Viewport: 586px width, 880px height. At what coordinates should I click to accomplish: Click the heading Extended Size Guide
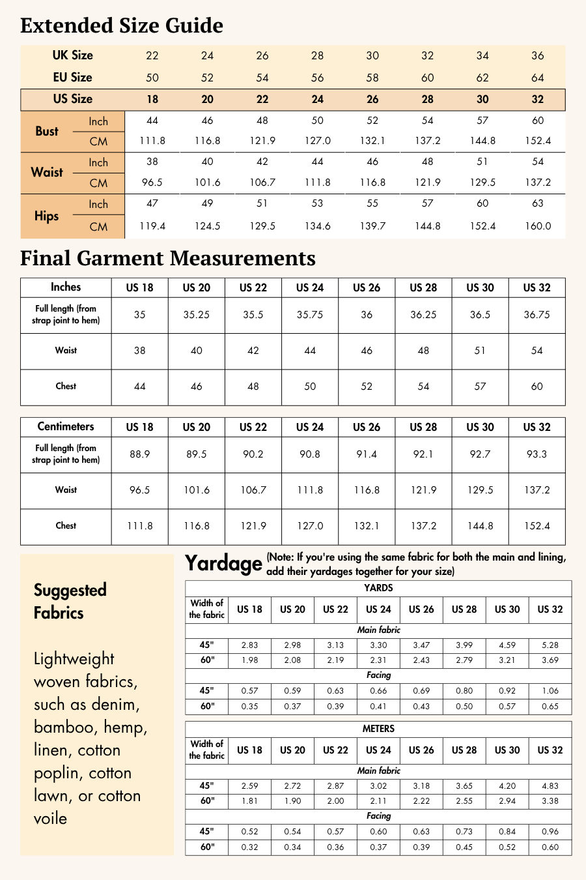tap(122, 25)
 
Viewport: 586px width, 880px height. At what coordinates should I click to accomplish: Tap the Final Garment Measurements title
tap(168, 258)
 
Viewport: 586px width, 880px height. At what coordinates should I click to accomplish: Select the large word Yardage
tap(223, 563)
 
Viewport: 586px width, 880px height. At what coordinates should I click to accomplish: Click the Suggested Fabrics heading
tap(70, 601)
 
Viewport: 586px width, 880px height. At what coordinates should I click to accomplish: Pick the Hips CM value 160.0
tap(538, 226)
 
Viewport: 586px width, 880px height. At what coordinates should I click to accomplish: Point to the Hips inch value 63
tap(538, 203)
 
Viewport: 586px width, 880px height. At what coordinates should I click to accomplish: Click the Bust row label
tap(47, 131)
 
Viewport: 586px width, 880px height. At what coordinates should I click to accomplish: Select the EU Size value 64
tap(538, 78)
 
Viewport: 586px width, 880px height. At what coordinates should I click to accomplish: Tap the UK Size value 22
tap(152, 56)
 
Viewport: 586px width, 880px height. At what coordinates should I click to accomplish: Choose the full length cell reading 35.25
tap(196, 315)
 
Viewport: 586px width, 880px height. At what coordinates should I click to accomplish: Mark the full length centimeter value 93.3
tap(537, 454)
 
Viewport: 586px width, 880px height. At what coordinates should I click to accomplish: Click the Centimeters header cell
tap(66, 426)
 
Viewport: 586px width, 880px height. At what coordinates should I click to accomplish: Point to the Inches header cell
tap(66, 287)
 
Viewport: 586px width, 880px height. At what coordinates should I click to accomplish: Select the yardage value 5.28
tap(550, 645)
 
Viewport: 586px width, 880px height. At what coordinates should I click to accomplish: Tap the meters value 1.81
tap(249, 800)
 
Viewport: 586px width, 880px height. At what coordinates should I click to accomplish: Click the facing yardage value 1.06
tap(550, 690)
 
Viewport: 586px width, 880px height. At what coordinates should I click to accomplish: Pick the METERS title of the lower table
tap(378, 729)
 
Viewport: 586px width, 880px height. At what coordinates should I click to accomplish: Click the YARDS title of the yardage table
tap(378, 588)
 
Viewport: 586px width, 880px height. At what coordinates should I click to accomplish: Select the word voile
tap(51, 818)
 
